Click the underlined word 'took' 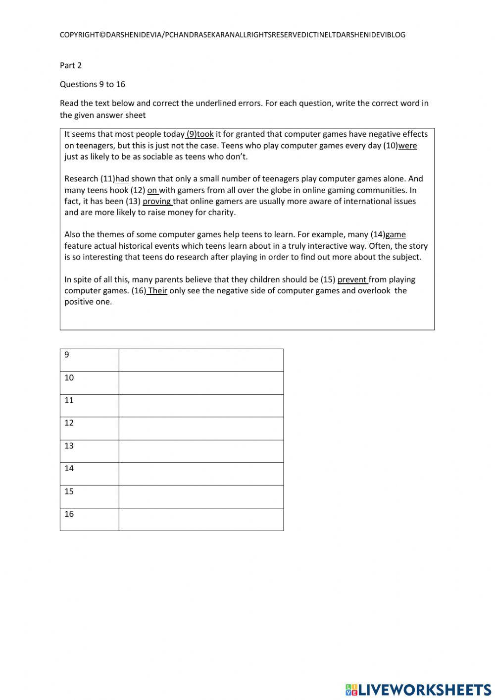point(205,134)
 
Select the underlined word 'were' point(407,146)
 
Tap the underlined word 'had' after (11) point(122,179)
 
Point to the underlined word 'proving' point(157,202)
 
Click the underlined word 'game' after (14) point(396,235)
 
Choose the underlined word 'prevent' point(352,280)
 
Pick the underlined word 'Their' point(157,291)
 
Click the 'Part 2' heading point(71,65)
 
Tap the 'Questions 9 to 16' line point(93,84)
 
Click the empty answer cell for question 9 point(201,360)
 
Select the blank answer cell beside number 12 point(201,429)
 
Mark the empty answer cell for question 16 point(201,520)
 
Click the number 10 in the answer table point(69,377)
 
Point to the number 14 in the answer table point(69,468)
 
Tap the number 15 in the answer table point(69,491)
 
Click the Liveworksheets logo point(418,689)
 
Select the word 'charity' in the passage point(221,213)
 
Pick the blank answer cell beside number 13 point(201,451)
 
